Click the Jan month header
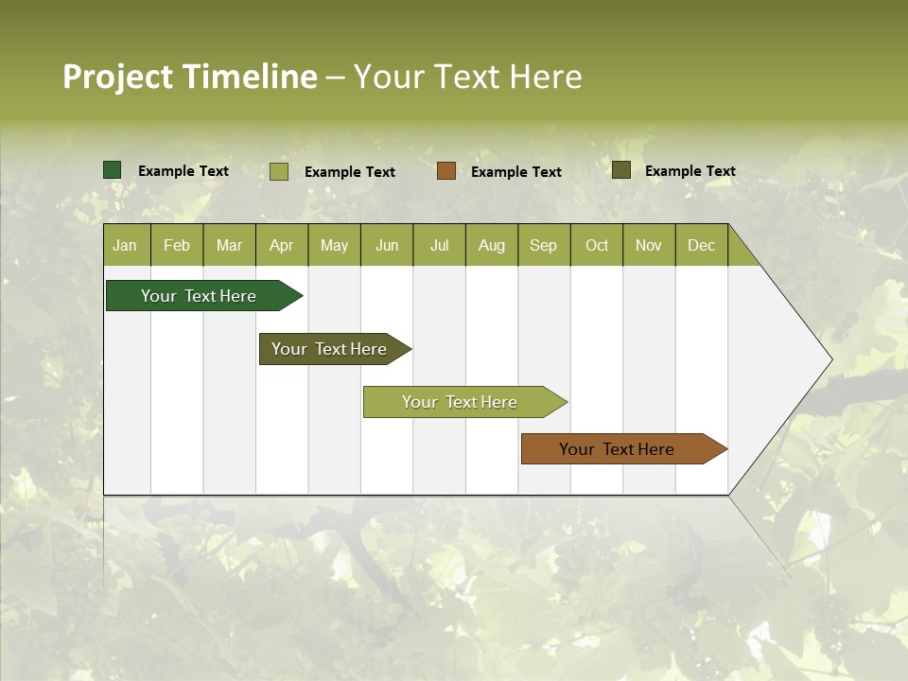point(126,245)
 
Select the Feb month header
point(177,245)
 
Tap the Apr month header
point(282,245)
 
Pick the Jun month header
point(387,245)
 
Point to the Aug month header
point(492,245)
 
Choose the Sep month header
point(544,245)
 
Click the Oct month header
point(597,245)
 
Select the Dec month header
point(702,245)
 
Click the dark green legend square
point(113,170)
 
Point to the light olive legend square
point(279,171)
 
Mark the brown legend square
point(446,171)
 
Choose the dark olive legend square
point(621,170)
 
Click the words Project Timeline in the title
point(190,77)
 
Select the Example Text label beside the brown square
point(516,172)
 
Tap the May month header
point(334,245)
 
